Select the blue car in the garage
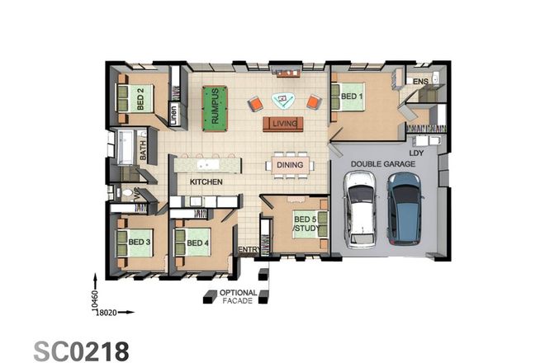pyautogui.click(x=405, y=213)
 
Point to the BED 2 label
pyautogui.click(x=140, y=99)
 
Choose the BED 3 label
pyautogui.click(x=139, y=243)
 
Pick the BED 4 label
pyautogui.click(x=197, y=243)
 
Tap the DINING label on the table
pyautogui.click(x=290, y=165)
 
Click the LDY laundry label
pyautogui.click(x=417, y=152)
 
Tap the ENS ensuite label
pyautogui.click(x=420, y=82)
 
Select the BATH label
pyautogui.click(x=143, y=149)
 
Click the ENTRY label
pyautogui.click(x=248, y=249)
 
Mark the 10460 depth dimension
pyautogui.click(x=95, y=293)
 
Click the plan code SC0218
pyautogui.click(x=82, y=350)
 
